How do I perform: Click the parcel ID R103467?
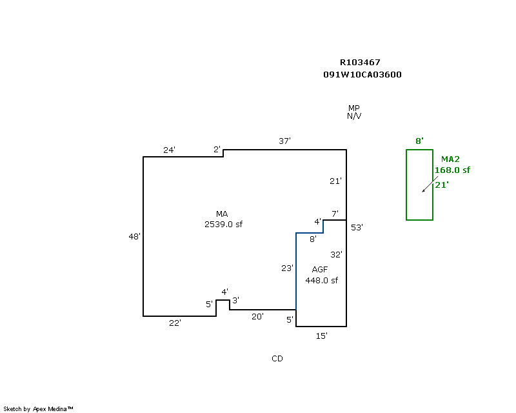click(x=360, y=63)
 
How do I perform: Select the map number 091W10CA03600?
click(x=362, y=74)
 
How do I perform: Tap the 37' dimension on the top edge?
click(x=285, y=141)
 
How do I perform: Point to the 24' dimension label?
click(x=169, y=150)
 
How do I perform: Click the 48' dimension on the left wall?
click(x=134, y=237)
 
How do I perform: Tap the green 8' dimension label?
click(x=419, y=141)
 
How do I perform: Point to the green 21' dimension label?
click(x=442, y=185)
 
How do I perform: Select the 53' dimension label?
click(x=357, y=227)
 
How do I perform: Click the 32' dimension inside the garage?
click(x=336, y=254)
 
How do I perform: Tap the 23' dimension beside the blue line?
click(x=287, y=268)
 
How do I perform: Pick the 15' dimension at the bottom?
click(x=322, y=336)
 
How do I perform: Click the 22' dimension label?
click(x=175, y=323)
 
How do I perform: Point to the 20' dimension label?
click(x=257, y=316)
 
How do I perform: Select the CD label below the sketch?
click(x=277, y=358)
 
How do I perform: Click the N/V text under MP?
click(x=354, y=116)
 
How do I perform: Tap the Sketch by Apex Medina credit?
click(x=38, y=408)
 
